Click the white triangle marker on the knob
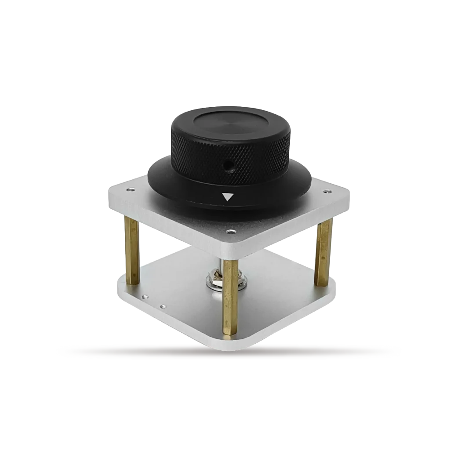pyautogui.click(x=227, y=196)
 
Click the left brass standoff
pyautogui.click(x=132, y=251)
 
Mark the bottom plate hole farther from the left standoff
pyautogui.click(x=163, y=306)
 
